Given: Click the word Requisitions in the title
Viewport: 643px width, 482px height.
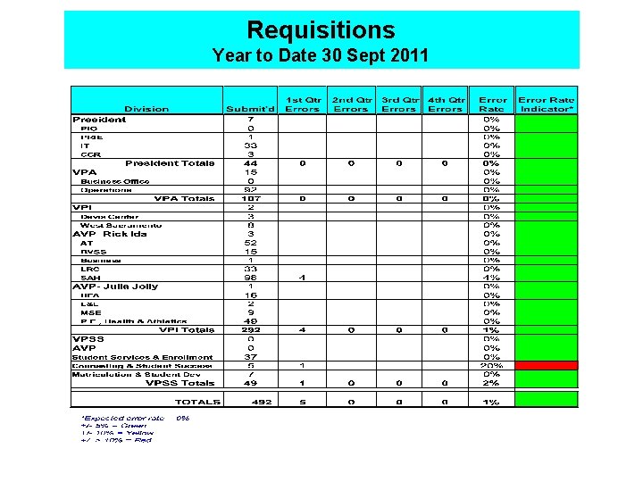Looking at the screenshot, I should pos(321,30).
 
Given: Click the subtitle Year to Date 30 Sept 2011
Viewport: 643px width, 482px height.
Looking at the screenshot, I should pos(321,56).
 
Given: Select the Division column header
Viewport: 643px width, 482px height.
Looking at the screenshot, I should pos(146,109).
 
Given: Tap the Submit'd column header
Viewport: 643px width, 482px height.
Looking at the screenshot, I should pos(251,109).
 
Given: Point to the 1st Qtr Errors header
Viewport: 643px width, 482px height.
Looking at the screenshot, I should pos(303,104).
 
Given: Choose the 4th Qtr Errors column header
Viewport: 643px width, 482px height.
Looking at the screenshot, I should pos(446,104).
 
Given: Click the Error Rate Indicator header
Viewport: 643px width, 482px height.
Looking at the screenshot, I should pos(547,104).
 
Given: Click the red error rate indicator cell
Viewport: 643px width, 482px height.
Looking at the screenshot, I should pos(547,365).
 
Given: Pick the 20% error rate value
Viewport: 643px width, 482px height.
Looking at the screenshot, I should pos(491,365).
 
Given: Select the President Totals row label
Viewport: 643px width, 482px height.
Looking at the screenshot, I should pos(170,163).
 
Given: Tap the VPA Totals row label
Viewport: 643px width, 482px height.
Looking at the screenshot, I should pos(184,198).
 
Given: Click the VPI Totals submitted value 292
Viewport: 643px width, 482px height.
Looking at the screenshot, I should pos(251,330).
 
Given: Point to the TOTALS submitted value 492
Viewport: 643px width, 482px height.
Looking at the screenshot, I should pos(251,403).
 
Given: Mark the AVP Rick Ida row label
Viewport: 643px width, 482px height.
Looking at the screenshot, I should pos(110,234).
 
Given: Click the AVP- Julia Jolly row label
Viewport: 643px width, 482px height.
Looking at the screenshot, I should pos(115,287).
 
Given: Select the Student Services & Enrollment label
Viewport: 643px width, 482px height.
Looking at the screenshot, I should pos(142,357).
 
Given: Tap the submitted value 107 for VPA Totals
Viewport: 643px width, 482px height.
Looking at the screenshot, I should pos(251,198).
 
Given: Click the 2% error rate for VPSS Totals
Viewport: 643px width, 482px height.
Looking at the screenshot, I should pos(491,383).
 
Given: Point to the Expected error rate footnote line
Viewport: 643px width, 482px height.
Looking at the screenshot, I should pos(134,417).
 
